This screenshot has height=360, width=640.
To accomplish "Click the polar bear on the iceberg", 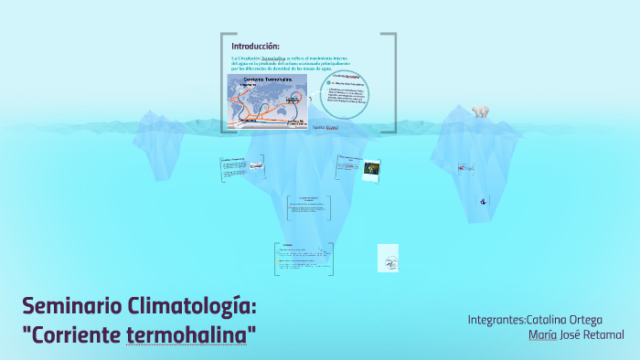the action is pyautogui.click(x=481, y=111).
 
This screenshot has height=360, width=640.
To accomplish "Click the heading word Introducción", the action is pyautogui.click(x=255, y=46).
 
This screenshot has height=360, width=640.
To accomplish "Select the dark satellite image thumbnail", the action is pyautogui.click(x=371, y=170).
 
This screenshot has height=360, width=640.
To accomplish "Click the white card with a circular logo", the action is pyautogui.click(x=388, y=258).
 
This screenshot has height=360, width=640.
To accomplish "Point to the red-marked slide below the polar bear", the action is pyautogui.click(x=467, y=167).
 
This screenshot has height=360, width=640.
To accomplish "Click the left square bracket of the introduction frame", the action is pyautogui.click(x=223, y=82).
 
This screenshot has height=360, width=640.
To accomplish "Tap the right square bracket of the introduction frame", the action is pyautogui.click(x=393, y=82).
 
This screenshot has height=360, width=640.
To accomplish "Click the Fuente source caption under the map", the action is pyautogui.click(x=325, y=128).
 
